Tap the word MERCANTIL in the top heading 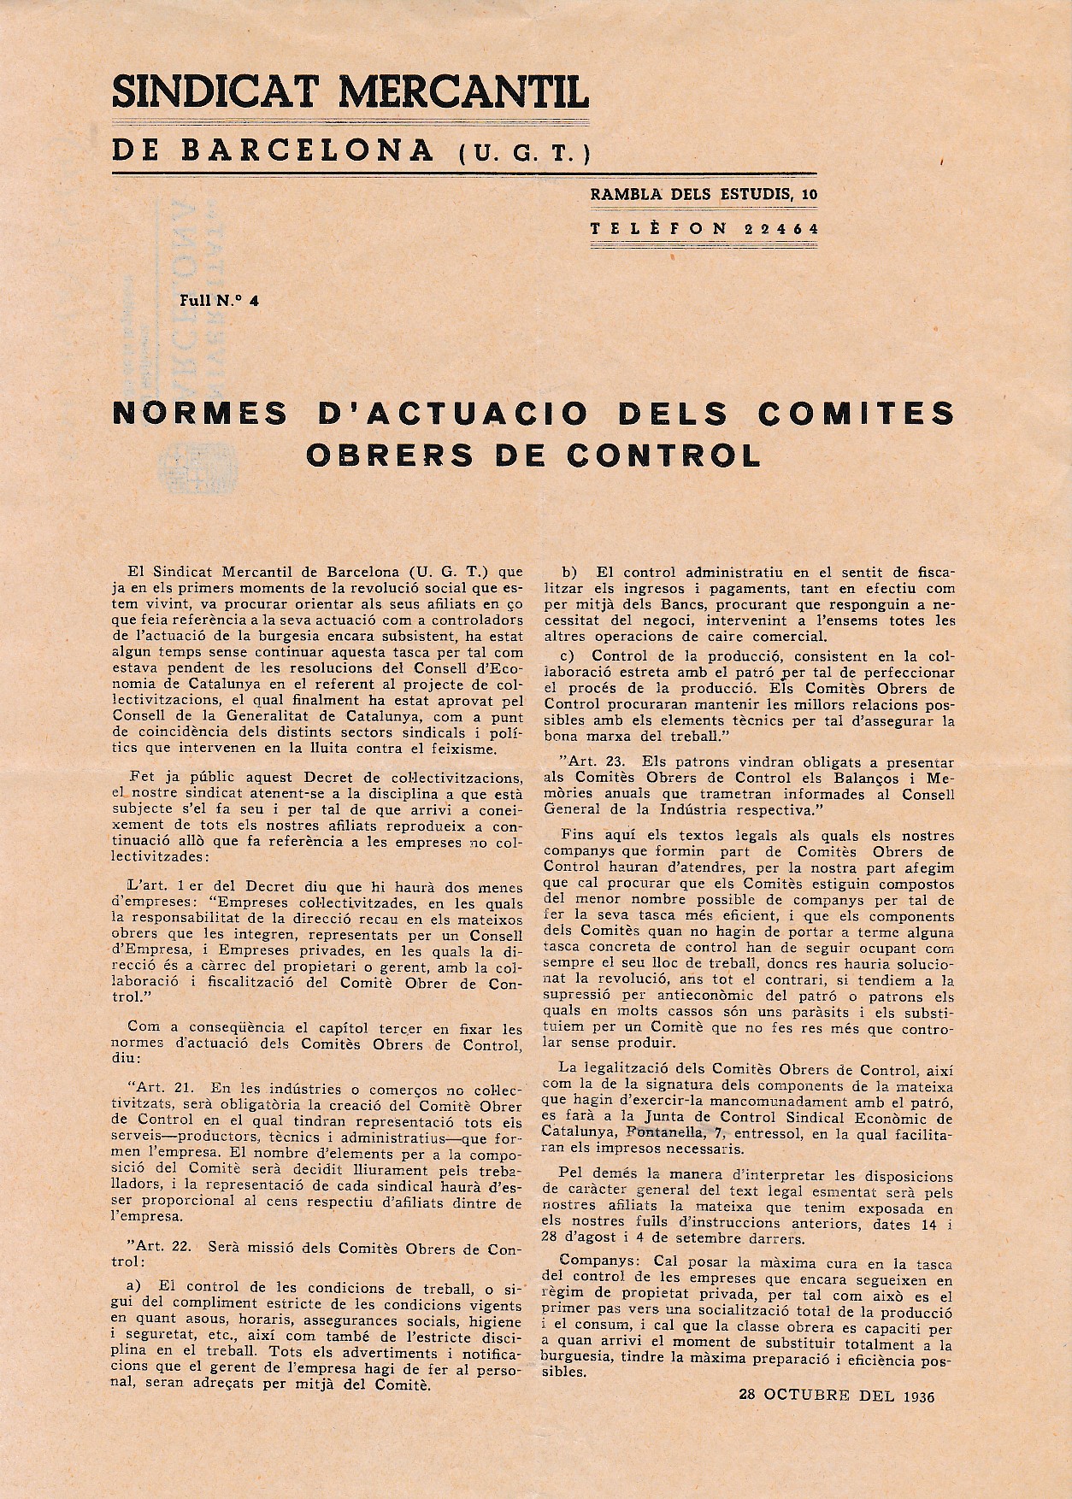point(462,91)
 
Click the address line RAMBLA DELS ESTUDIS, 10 point(704,194)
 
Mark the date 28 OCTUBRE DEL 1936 point(837,1396)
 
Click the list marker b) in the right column point(569,572)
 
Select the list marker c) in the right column point(568,655)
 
